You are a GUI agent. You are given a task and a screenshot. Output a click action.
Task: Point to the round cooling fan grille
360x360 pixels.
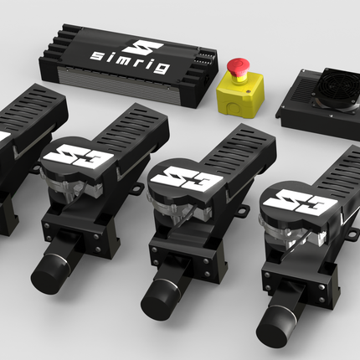[x=337, y=89]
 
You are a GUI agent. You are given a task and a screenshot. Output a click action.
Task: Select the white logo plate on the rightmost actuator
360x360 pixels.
[x=300, y=203]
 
